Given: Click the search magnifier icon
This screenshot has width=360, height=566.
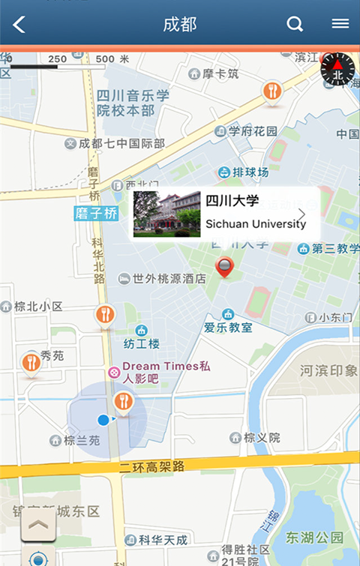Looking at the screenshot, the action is pos(295,24).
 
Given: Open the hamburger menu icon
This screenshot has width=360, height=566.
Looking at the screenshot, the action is pos(340,24).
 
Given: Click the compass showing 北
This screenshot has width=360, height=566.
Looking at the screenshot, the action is pos(337,70).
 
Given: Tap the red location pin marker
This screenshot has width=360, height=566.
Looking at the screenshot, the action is pos(224,267).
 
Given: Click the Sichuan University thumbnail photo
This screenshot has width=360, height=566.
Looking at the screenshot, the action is pos(166,214).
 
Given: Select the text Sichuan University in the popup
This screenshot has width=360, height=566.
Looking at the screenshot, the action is pos(255,224).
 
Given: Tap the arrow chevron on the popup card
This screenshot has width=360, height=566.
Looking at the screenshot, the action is pos(302,214).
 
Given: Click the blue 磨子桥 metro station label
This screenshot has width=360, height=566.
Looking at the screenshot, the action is pos(97,214).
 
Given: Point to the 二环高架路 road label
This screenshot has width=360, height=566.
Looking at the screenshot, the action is pos(152,466).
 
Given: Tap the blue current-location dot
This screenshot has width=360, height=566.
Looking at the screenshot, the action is pos(103,420).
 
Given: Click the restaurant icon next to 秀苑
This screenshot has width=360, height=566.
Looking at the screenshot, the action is pos(31,363).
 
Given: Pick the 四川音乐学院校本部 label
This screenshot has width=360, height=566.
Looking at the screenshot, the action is pos(133,103).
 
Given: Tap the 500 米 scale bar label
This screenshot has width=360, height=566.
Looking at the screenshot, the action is pos(112,58).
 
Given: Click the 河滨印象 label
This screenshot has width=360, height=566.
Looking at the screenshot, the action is pos(329,370).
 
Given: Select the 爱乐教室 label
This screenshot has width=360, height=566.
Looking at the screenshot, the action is pos(228,328).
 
